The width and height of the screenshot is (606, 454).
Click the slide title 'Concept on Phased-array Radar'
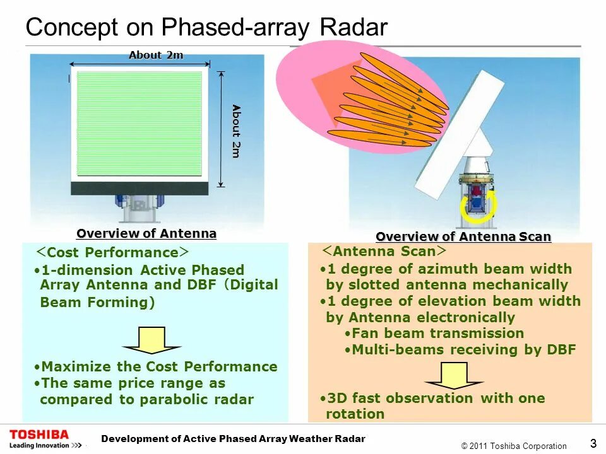click(206, 27)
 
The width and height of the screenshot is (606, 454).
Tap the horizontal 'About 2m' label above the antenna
click(156, 55)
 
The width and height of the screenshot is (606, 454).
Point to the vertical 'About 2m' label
click(236, 131)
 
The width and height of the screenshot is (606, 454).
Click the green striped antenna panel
click(140, 123)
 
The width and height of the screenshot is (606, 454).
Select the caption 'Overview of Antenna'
click(146, 233)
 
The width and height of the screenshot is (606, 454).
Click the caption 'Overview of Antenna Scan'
click(463, 236)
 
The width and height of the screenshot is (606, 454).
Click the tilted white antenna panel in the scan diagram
click(460, 136)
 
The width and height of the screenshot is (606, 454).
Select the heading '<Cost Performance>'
click(111, 252)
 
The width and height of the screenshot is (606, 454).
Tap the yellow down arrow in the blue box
click(151, 340)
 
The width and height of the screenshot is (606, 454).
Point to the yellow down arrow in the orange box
click(454, 376)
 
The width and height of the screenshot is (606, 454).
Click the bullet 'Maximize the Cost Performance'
click(156, 366)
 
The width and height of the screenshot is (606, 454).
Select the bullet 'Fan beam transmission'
click(435, 333)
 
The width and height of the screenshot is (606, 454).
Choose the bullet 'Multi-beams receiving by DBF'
click(460, 349)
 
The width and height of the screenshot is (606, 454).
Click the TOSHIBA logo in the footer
click(39, 435)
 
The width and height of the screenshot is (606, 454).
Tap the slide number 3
click(593, 443)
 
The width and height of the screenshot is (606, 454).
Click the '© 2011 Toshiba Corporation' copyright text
click(514, 446)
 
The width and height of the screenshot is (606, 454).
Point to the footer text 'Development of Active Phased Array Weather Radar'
click(234, 438)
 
